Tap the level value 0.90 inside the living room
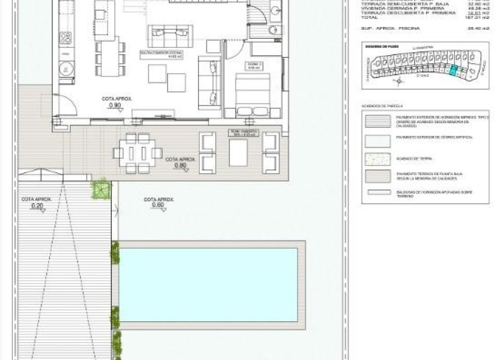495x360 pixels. [x=114, y=105]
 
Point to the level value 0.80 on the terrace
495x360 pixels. [x=180, y=166]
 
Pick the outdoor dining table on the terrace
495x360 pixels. [x=138, y=152]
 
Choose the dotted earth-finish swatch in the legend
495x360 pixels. [x=377, y=159]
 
